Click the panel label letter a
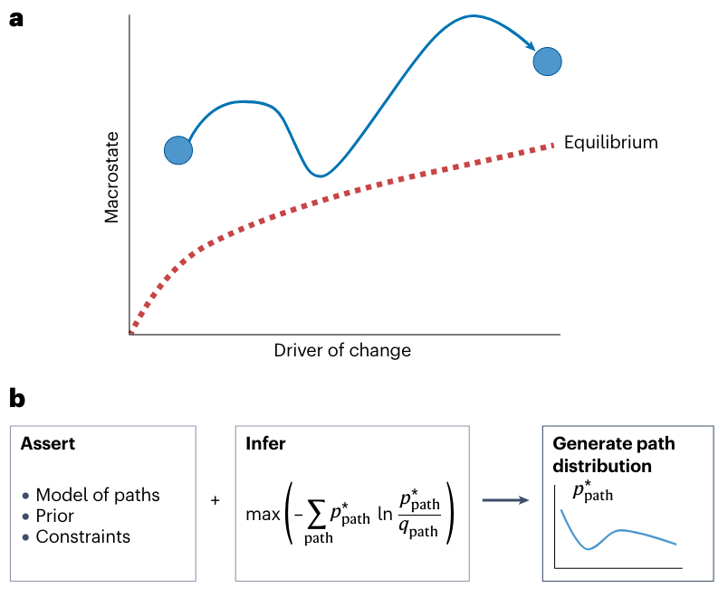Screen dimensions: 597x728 pos(16,19)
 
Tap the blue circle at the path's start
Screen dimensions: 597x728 pos(178,150)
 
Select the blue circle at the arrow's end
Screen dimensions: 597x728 pos(548,61)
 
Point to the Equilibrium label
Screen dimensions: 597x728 pos(610,143)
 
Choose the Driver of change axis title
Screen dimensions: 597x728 pos(342,350)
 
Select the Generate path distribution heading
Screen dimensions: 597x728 pos(614,455)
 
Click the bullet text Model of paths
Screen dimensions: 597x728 pos(97,495)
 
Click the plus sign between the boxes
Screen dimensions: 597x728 pos(216,499)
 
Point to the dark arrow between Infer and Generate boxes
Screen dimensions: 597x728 pos(505,498)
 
